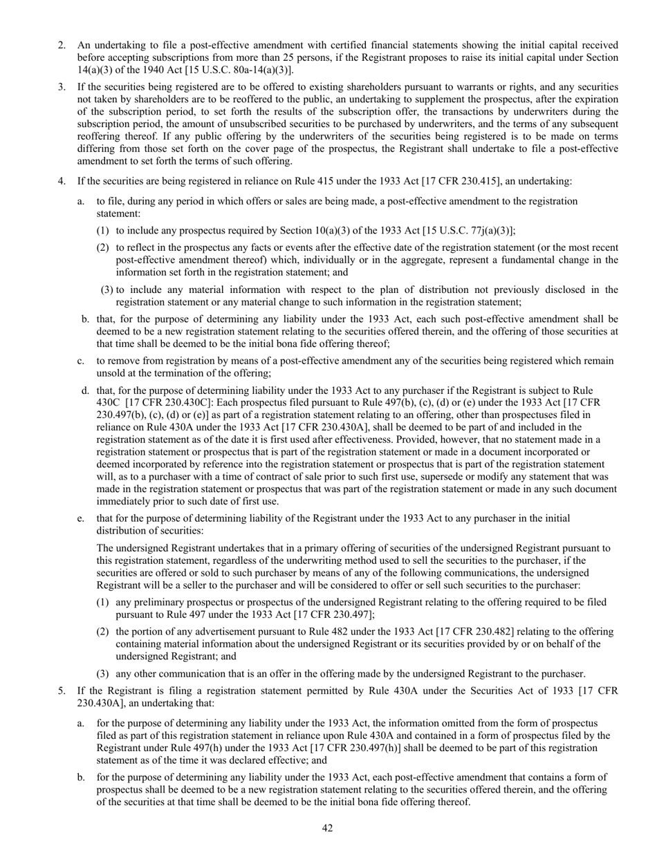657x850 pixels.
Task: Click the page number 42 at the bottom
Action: pos(328,829)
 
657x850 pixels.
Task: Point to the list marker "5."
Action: pos(62,690)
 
